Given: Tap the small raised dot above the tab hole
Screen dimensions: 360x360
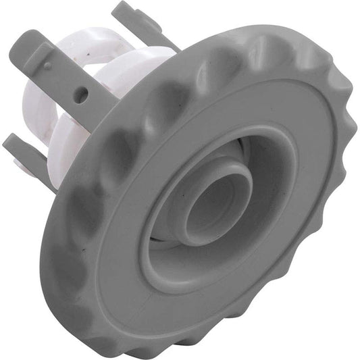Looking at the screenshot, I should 48,66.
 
